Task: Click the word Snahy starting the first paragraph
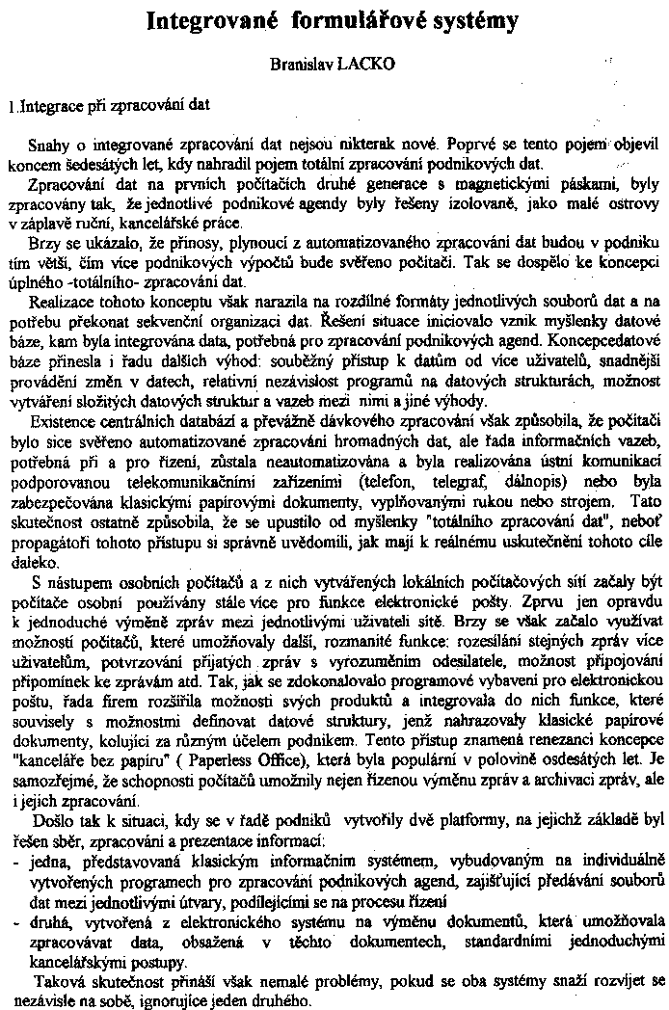pos(50,146)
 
